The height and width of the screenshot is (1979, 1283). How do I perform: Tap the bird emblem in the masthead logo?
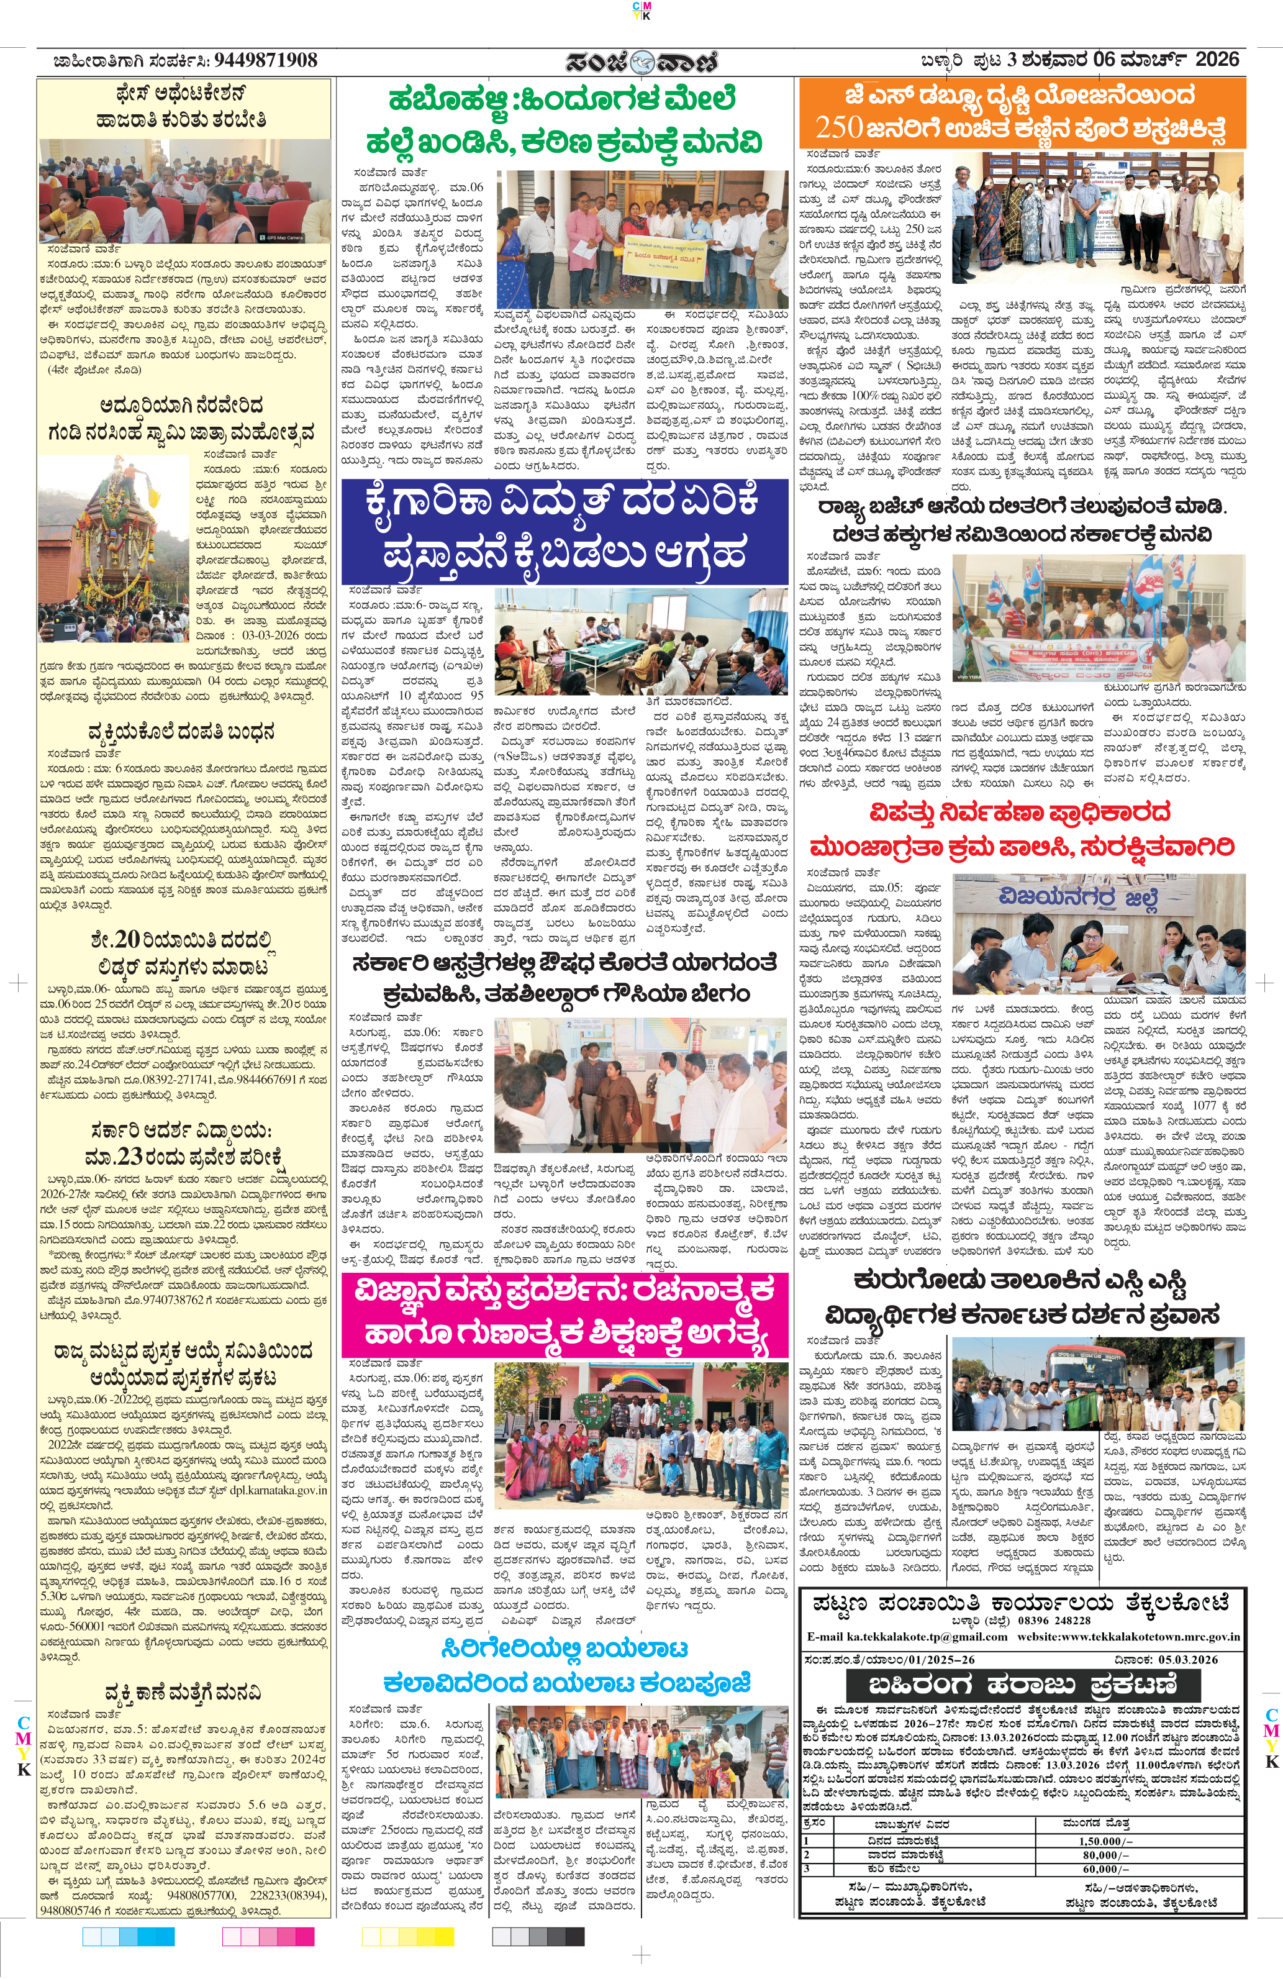642,62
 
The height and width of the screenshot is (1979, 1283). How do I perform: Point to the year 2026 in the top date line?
1217,60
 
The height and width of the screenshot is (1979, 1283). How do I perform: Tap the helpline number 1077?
1204,1106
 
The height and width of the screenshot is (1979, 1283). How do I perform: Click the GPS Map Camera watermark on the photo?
279,237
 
